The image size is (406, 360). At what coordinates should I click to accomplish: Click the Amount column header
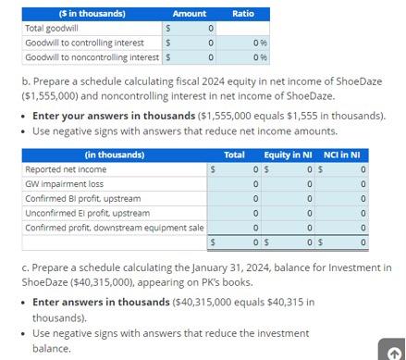(x=190, y=14)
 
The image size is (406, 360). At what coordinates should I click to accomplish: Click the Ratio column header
(x=242, y=14)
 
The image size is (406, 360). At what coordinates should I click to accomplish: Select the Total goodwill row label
(x=52, y=29)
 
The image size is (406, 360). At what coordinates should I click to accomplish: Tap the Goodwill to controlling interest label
(x=84, y=43)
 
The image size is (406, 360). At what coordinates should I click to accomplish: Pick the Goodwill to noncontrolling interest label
(x=90, y=57)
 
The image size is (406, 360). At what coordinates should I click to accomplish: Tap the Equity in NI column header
(x=288, y=155)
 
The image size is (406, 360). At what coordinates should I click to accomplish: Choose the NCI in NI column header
(x=342, y=155)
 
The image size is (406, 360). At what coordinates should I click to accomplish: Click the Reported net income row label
(x=66, y=169)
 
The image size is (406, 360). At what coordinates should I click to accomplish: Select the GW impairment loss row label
(x=64, y=184)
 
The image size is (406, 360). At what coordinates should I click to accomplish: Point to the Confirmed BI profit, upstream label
(x=82, y=199)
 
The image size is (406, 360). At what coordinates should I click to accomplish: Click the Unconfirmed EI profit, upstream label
(x=87, y=214)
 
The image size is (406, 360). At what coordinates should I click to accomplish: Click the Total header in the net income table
(x=235, y=155)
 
